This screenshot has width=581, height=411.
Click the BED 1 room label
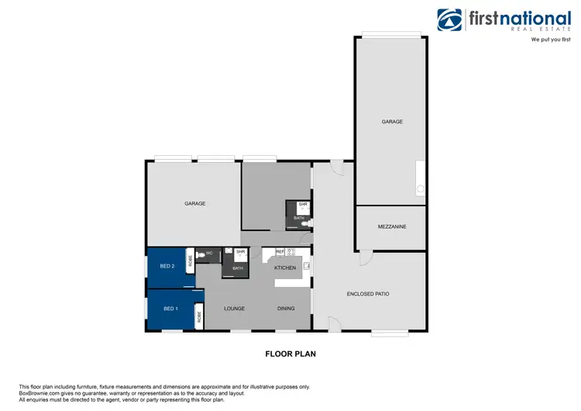click(170, 309)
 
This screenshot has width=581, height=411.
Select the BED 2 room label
click(167, 266)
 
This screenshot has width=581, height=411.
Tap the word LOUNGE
click(235, 309)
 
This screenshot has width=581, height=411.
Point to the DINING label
click(286, 309)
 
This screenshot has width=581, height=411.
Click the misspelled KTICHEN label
click(286, 268)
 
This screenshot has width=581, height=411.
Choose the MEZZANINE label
click(392, 226)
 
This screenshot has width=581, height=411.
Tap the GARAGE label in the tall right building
click(392, 122)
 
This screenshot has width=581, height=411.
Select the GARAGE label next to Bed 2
click(194, 203)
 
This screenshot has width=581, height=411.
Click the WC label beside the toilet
click(209, 254)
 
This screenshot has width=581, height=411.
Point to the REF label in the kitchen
click(280, 251)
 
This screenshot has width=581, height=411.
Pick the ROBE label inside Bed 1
click(199, 316)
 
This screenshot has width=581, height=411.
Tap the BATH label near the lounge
click(238, 268)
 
